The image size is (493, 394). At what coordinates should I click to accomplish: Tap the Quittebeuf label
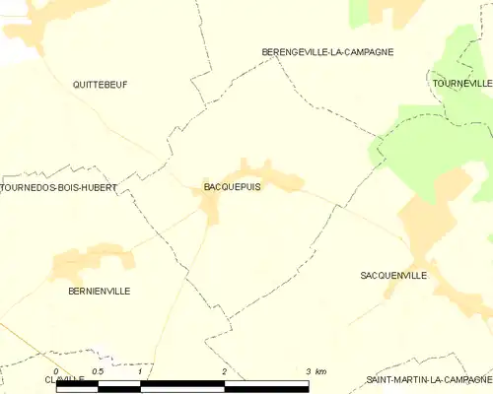(x=100, y=85)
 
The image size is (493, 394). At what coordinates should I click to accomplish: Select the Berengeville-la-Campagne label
(x=327, y=51)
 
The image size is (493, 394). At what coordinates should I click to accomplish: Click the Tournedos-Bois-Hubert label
(x=59, y=187)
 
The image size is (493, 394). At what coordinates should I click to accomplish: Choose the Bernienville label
(x=99, y=291)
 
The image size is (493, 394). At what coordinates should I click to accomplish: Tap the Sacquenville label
(x=393, y=276)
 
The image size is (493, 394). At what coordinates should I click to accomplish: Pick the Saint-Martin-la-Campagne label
(x=429, y=379)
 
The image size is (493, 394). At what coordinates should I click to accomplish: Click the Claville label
(x=64, y=379)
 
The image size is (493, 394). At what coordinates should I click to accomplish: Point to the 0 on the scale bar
(x=56, y=371)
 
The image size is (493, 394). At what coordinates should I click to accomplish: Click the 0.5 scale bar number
(x=97, y=371)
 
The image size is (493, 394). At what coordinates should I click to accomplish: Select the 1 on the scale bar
(x=140, y=371)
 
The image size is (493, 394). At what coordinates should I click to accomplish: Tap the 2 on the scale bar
(x=225, y=371)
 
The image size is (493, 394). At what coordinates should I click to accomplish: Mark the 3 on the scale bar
(x=309, y=371)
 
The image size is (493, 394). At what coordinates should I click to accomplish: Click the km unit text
(x=320, y=371)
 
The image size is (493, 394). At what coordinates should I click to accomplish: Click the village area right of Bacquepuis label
(x=281, y=179)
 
